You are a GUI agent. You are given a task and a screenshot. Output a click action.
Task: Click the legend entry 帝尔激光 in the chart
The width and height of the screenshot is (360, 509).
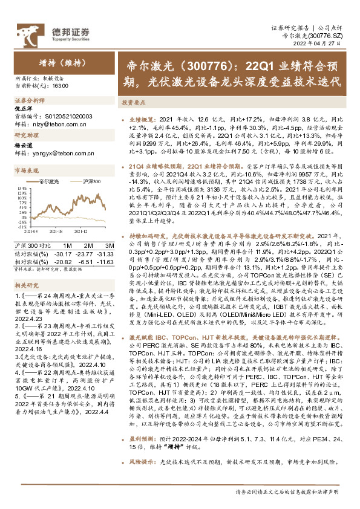[50, 181]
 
